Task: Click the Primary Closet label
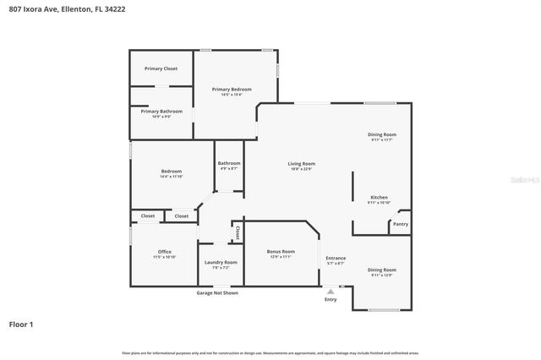tap(161, 68)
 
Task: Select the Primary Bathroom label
tap(161, 112)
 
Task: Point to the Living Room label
tap(302, 164)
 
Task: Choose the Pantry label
tap(400, 224)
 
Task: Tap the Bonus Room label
tap(280, 251)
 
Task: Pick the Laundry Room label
tap(221, 262)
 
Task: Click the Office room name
tap(165, 251)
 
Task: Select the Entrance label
tap(336, 258)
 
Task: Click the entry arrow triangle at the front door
tap(331, 291)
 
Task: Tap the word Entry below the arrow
tap(331, 300)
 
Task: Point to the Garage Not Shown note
tap(217, 292)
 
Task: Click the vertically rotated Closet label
tap(238, 231)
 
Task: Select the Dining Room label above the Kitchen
tap(381, 134)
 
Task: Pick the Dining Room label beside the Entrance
tap(381, 270)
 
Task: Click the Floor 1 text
tap(21, 324)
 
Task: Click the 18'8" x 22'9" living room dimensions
tap(302, 170)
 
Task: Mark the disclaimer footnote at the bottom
tap(270, 352)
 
